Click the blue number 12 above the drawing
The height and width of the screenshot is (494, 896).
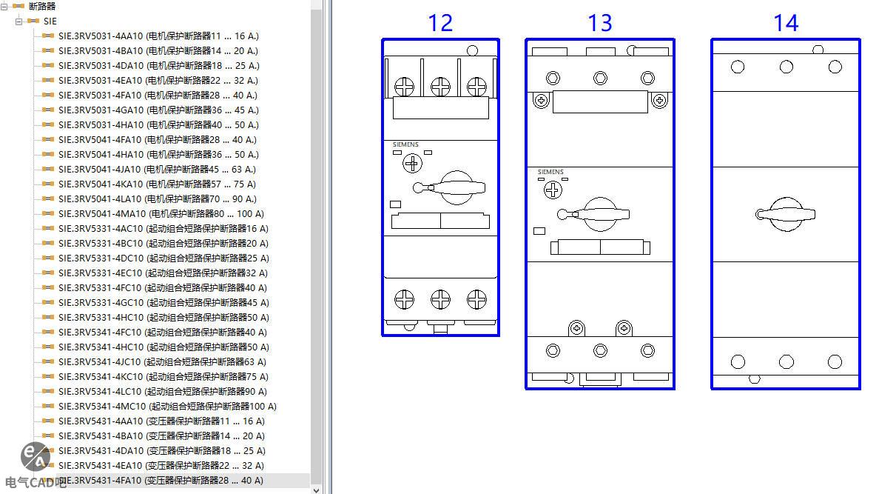pos(439,23)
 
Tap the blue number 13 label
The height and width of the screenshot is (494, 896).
pos(599,23)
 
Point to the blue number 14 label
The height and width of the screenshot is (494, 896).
pos(786,23)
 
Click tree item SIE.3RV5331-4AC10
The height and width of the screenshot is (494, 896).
pos(163,228)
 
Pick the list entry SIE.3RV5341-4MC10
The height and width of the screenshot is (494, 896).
pos(166,406)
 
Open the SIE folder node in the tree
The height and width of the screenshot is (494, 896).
pos(50,21)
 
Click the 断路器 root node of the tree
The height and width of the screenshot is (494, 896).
pos(41,6)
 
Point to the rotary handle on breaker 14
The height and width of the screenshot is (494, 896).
pos(785,214)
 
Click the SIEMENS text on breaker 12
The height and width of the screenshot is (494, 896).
pos(405,144)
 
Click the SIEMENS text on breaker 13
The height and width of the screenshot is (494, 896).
pos(550,172)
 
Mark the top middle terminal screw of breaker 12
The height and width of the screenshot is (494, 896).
pos(440,87)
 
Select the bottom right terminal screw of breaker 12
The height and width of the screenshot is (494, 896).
pos(476,299)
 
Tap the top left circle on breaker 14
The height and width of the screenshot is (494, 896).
pos(737,67)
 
